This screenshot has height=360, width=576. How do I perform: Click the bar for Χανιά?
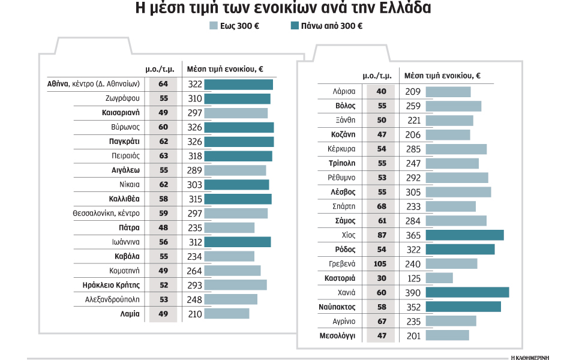click(467, 292)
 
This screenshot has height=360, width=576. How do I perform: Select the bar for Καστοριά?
click(439, 278)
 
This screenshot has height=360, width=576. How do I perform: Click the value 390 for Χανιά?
click(414, 292)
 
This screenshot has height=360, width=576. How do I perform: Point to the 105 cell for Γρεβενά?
click(381, 263)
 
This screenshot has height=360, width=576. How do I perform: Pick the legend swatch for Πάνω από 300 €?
click(295, 26)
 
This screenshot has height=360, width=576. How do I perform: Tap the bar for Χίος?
click(464, 235)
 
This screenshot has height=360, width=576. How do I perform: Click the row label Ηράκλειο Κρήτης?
click(111, 284)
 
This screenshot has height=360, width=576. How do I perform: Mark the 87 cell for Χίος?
click(381, 235)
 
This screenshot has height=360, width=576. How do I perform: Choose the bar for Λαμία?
click(226, 313)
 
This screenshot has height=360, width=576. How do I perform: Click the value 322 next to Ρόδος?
click(414, 249)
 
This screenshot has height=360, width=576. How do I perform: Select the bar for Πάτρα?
click(229, 227)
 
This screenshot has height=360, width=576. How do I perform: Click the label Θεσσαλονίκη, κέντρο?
click(106, 213)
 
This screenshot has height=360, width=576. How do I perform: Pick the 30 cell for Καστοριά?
click(381, 278)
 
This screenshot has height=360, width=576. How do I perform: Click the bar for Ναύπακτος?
click(463, 307)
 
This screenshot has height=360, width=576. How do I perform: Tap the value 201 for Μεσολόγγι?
click(414, 335)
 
